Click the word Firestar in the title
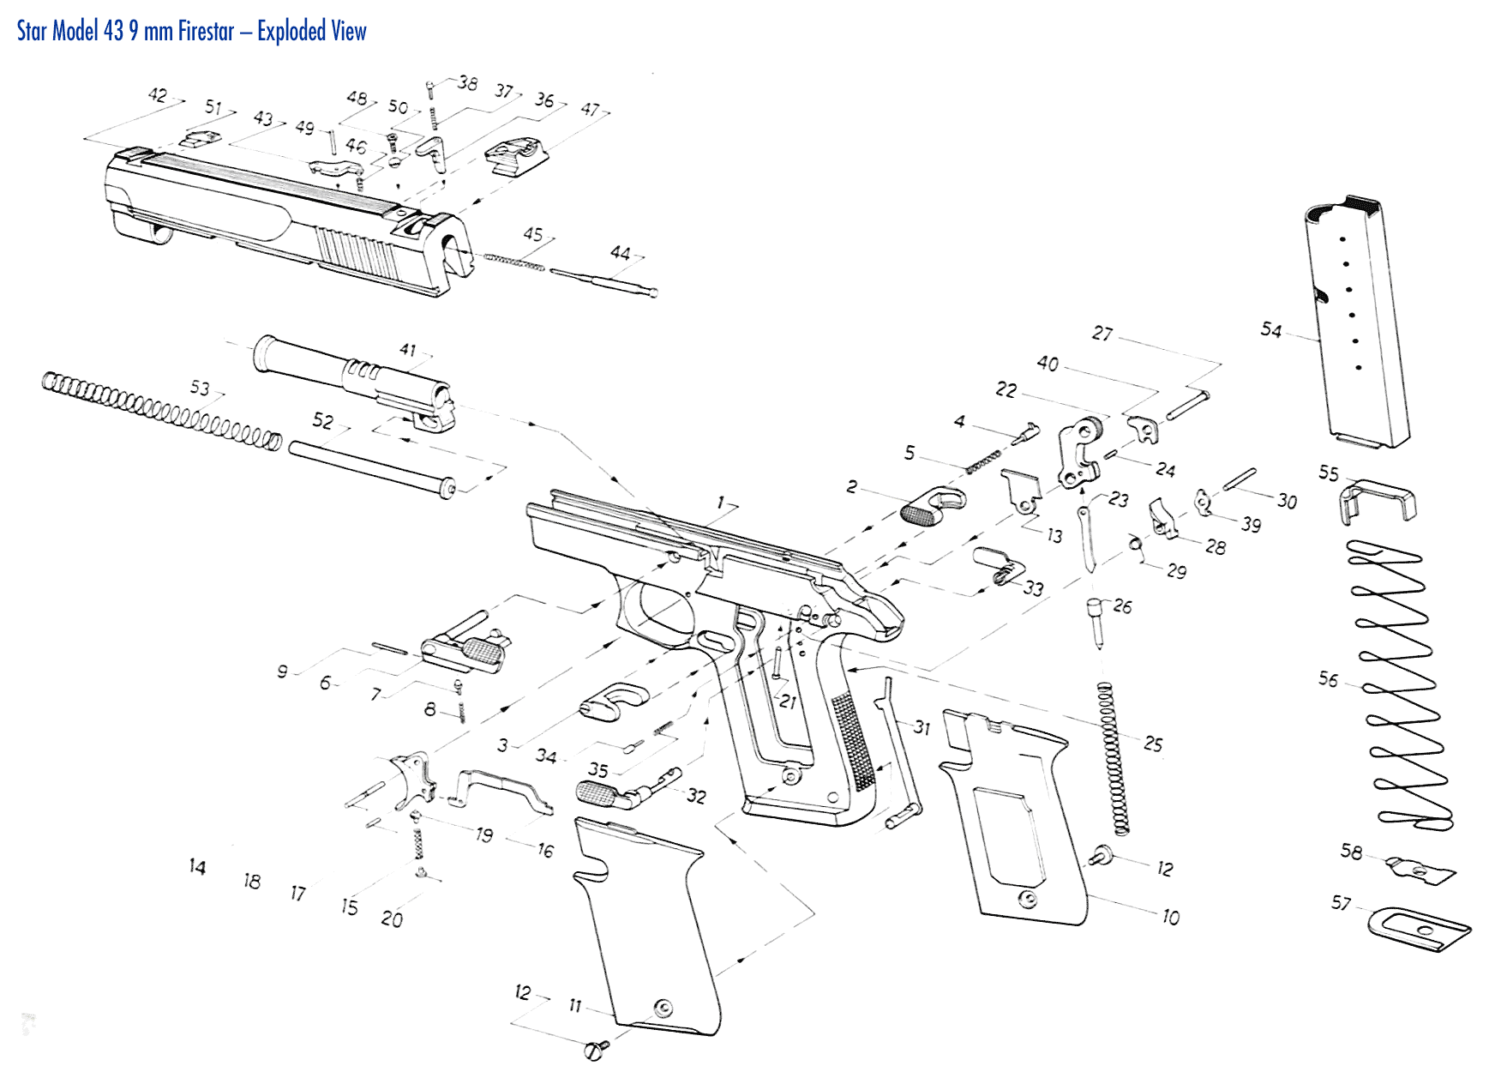pyautogui.click(x=206, y=32)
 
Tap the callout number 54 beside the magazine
pyautogui.click(x=1270, y=330)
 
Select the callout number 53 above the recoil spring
pyautogui.click(x=200, y=388)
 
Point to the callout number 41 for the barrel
pyautogui.click(x=408, y=350)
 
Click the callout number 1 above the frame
pyautogui.click(x=721, y=503)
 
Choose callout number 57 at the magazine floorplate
pyautogui.click(x=1341, y=903)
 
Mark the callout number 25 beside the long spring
pyautogui.click(x=1153, y=744)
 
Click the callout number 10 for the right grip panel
pyautogui.click(x=1170, y=918)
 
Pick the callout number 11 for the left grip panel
pyautogui.click(x=575, y=1005)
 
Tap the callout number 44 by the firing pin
pyautogui.click(x=620, y=253)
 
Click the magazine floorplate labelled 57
pyautogui.click(x=1419, y=930)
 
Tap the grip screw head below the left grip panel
pyautogui.click(x=594, y=1049)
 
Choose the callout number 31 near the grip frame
pyautogui.click(x=922, y=727)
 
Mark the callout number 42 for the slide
pyautogui.click(x=158, y=94)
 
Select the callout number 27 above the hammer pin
pyautogui.click(x=1102, y=334)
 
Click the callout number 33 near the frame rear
pyautogui.click(x=1034, y=588)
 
